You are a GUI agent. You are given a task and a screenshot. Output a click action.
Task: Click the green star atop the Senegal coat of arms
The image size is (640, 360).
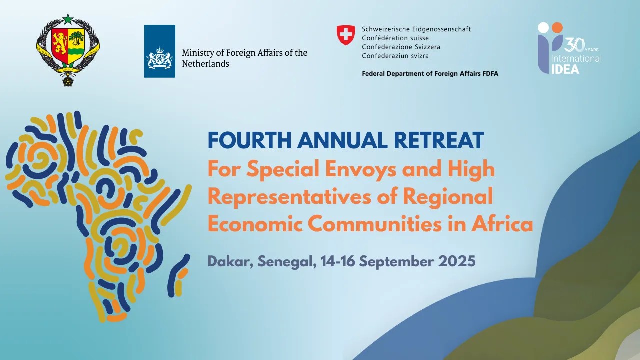68,19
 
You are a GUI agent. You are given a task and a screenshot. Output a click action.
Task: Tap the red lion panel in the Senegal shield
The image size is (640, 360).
59,43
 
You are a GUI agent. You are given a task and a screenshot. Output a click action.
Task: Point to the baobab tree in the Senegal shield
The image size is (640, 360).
76,39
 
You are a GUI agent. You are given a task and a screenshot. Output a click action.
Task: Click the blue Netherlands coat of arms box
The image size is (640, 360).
159,51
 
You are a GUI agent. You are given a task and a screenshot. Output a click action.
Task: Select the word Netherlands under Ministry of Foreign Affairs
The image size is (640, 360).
205,63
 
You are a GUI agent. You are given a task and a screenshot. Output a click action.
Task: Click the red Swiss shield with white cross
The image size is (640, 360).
346,35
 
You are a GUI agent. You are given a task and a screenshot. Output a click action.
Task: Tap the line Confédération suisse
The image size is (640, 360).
395,38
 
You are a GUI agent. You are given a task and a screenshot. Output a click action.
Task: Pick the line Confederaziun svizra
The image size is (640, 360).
395,56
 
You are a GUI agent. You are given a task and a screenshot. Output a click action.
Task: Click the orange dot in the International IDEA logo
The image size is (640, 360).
557,27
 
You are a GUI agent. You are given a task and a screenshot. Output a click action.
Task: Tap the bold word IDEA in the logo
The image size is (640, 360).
565,69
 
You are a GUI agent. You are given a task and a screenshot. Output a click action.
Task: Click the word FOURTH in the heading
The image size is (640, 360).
249,140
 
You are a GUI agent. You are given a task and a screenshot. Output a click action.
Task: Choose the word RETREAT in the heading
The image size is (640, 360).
439,140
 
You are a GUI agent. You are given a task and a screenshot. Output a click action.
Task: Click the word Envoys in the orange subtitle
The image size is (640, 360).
361,169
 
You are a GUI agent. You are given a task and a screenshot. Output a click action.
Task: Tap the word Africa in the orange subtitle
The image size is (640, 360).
502,224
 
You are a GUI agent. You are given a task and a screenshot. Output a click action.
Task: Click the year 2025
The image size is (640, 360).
457,261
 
